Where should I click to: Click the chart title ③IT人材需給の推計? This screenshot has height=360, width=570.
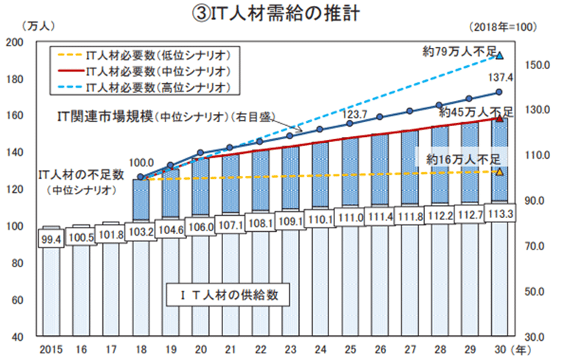click(285, 13)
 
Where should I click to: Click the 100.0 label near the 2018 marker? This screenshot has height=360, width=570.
click(141, 163)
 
